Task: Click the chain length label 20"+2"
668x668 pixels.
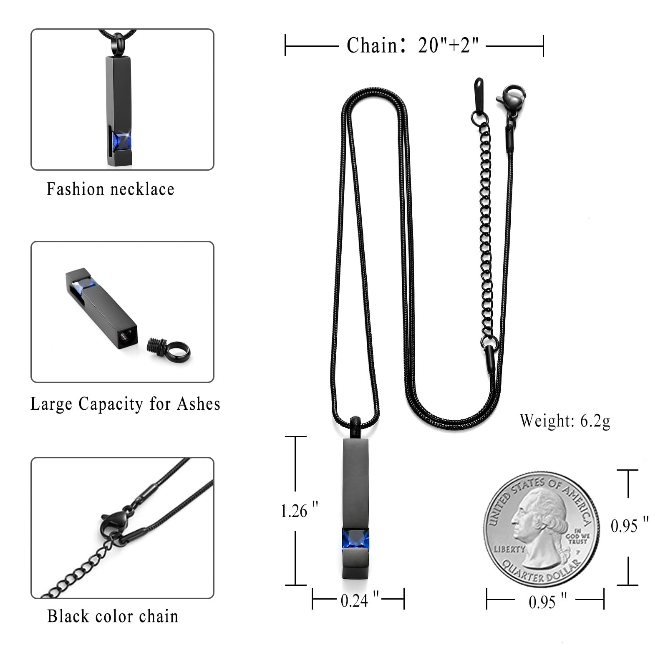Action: coord(449,45)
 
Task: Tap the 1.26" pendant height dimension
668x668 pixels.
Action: coord(299,511)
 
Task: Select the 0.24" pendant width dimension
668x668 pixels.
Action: coord(360,600)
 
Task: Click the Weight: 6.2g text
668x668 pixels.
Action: coord(565,421)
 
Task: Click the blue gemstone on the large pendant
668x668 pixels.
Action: coord(356,539)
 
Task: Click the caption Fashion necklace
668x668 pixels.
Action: coord(111,189)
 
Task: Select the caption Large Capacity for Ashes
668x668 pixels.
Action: coord(125,404)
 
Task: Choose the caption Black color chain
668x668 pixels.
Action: coord(113,616)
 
